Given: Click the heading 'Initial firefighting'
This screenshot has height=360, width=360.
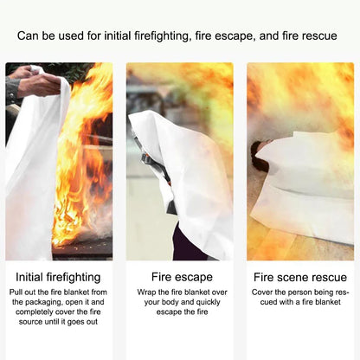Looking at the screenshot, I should click(59, 278).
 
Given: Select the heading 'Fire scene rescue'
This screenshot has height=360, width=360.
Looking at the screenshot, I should click(299, 278).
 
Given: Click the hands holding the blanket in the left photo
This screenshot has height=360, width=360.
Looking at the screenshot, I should click(35, 84).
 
